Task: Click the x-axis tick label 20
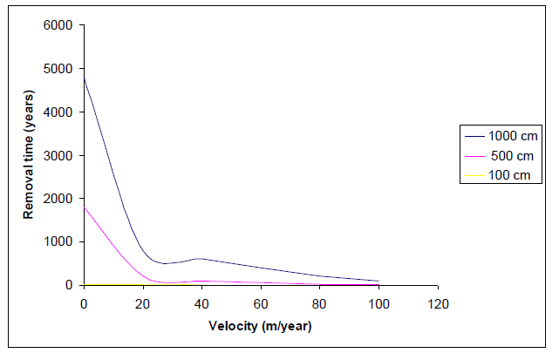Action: pyautogui.click(x=142, y=303)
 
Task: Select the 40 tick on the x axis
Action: pyautogui.click(x=201, y=303)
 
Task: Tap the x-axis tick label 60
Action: pyautogui.click(x=261, y=303)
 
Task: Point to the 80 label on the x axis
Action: pyautogui.click(x=320, y=303)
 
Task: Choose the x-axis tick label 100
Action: pyautogui.click(x=378, y=303)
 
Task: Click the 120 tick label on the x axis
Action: pyautogui.click(x=438, y=303)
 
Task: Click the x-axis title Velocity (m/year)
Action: pyautogui.click(x=260, y=327)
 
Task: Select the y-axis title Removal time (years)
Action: pyautogui.click(x=28, y=155)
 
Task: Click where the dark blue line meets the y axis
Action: pyautogui.click(x=84, y=77)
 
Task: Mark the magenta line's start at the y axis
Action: pyautogui.click(x=84, y=207)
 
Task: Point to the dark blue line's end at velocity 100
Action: pyautogui.click(x=378, y=281)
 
